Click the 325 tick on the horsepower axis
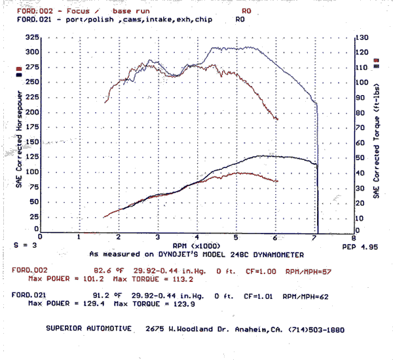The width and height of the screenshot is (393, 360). point(30,37)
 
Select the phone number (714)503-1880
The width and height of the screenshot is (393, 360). point(314,329)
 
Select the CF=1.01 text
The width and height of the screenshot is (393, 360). point(257,296)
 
